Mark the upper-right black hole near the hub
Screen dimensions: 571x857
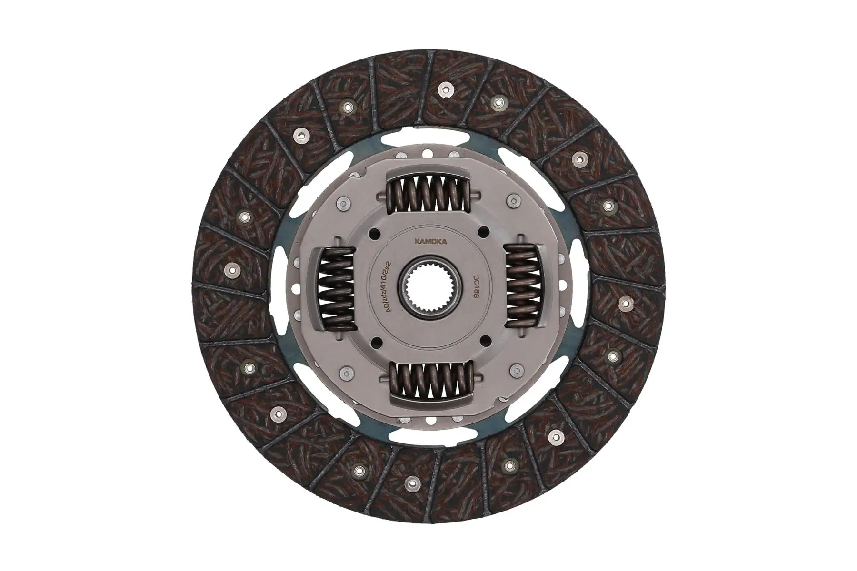click(486, 232)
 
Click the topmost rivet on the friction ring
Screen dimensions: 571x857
click(445, 87)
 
